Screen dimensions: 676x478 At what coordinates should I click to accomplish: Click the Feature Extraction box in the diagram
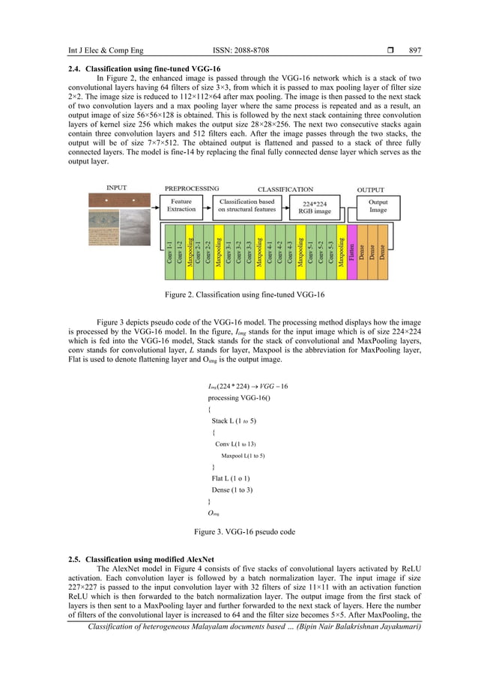(181, 205)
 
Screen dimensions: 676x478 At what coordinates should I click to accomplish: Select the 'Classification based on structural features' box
(247, 205)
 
